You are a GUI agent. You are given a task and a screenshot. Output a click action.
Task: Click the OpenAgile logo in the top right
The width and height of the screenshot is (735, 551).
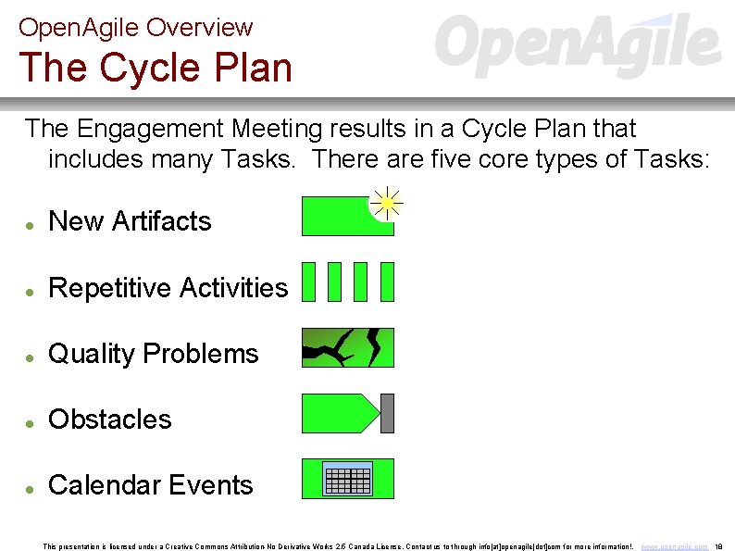578,45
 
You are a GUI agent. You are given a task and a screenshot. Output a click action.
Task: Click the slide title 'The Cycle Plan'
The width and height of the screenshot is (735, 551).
155,68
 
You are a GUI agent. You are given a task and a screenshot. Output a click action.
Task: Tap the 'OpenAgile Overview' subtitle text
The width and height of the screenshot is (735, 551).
135,28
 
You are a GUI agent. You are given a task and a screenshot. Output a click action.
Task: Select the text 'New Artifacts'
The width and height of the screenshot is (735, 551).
130,221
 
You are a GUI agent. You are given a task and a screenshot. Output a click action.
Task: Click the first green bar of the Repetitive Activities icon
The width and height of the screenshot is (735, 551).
309,282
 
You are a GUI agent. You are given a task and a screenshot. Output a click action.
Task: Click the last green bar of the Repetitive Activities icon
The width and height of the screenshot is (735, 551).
387,282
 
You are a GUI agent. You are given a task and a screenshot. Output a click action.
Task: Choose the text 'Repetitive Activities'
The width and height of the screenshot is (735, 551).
168,288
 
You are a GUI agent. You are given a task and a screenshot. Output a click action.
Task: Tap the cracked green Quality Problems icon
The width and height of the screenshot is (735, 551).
348,347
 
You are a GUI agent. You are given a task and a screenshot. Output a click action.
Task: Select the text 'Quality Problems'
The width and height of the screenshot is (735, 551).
153,354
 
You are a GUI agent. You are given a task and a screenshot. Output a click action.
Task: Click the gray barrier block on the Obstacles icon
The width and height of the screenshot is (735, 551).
387,413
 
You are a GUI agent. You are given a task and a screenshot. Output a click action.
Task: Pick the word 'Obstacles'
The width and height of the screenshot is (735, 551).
109,420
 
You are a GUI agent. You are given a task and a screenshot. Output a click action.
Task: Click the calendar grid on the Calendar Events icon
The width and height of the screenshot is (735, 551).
348,479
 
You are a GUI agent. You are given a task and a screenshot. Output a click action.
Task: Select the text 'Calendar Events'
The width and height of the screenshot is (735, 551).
150,485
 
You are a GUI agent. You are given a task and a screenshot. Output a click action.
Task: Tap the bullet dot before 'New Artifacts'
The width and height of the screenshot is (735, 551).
31,225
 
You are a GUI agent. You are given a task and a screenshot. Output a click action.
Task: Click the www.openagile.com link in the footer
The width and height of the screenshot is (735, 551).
675,546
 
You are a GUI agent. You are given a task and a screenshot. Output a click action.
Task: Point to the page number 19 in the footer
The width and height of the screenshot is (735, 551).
719,546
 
